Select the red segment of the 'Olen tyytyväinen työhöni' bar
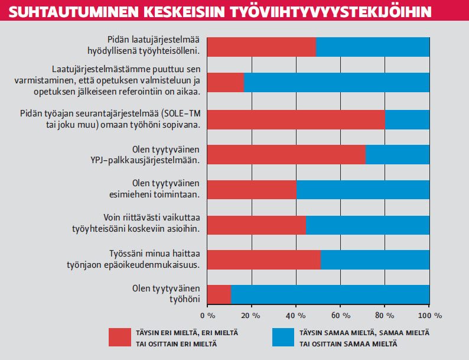[x=219, y=294]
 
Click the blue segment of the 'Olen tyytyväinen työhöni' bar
[x=330, y=294]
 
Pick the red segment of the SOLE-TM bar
[x=296, y=119]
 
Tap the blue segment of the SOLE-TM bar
[x=407, y=119]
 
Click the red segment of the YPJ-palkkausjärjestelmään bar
[x=286, y=154]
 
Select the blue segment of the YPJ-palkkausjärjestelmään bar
[x=398, y=154]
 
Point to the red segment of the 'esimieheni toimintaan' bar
[x=252, y=189]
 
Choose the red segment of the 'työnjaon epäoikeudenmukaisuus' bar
[x=264, y=260]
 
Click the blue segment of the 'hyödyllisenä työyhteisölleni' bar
[x=373, y=47]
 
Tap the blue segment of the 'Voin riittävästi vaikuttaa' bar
[x=367, y=225]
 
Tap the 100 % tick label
[x=429, y=314]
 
